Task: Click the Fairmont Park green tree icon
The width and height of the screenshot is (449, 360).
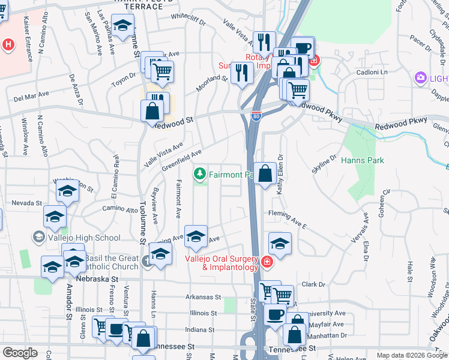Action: [x=200, y=175]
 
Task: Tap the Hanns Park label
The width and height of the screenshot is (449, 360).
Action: [x=362, y=160]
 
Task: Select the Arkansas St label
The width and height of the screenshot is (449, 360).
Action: [x=203, y=297]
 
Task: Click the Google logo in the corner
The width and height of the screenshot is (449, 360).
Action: [x=20, y=353]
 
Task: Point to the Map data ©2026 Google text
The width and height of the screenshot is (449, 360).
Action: [x=411, y=355]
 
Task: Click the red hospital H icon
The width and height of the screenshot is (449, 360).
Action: [x=8, y=44]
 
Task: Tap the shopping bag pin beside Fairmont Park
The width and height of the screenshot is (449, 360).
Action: [x=265, y=175]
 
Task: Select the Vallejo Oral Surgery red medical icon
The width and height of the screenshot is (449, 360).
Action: [x=268, y=262]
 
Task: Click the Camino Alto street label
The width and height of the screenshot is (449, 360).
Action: [x=120, y=209]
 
